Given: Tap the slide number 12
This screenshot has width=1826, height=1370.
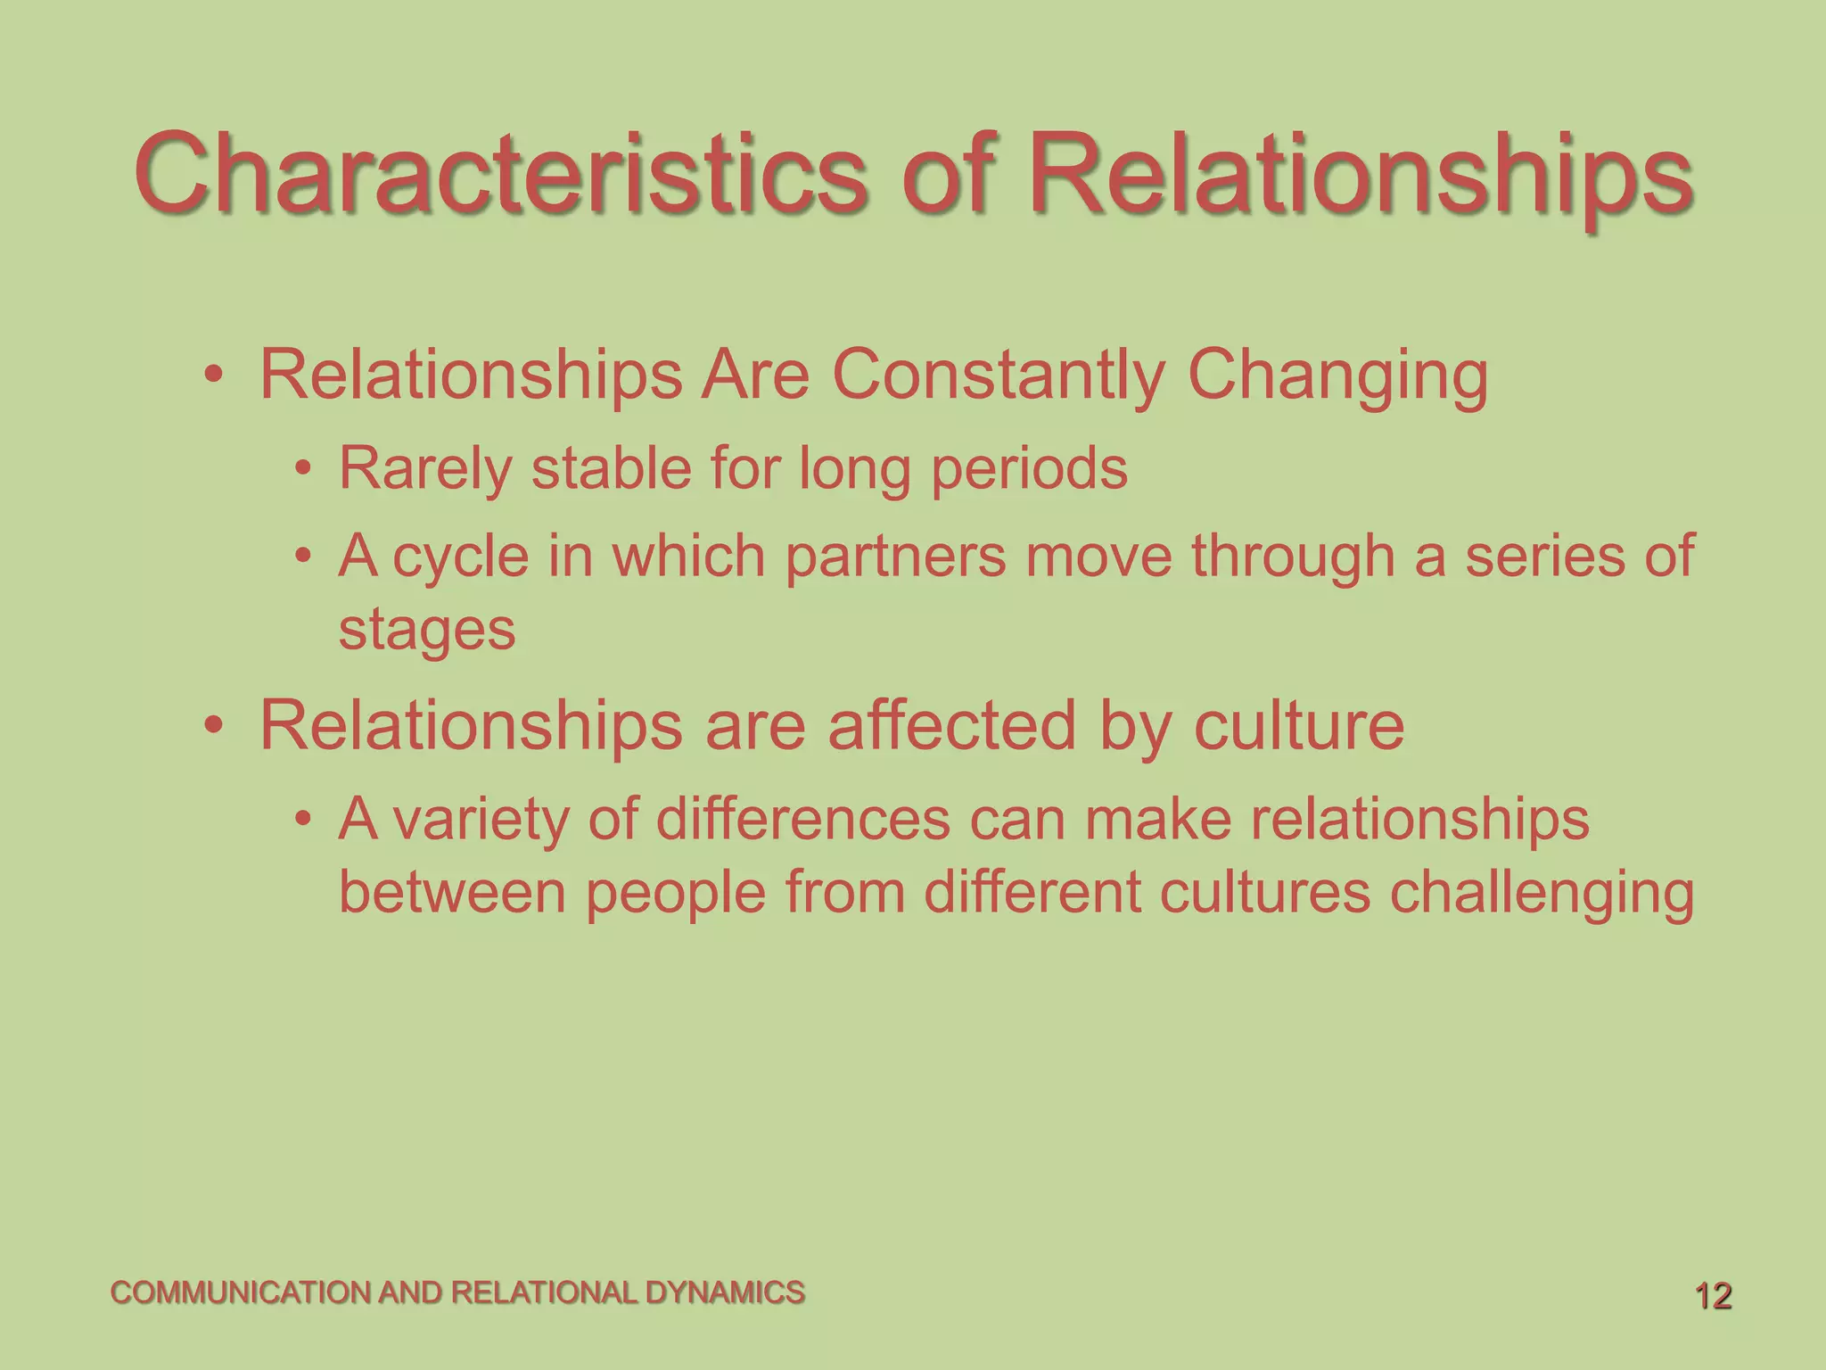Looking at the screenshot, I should [x=1713, y=1296].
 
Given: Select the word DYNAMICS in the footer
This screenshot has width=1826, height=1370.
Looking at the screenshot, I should [x=724, y=1292].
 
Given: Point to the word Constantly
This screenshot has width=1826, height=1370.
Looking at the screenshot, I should [x=998, y=375].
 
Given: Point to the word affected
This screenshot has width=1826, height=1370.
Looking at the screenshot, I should [x=952, y=725].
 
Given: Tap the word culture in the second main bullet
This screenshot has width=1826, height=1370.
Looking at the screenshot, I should [x=1298, y=725].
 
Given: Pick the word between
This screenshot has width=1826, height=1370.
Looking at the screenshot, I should [x=452, y=892].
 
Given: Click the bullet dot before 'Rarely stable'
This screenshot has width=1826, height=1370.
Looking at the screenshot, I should [x=304, y=468].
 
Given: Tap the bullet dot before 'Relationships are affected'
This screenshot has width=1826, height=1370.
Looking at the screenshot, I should [x=212, y=724].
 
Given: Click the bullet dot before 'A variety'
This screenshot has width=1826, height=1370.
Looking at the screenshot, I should [x=304, y=818].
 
